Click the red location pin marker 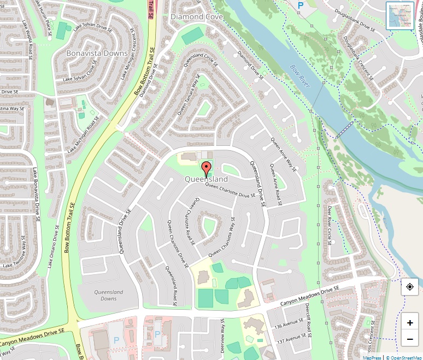click(x=206, y=169)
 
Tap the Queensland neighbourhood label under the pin click(x=206, y=179)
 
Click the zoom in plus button click(x=410, y=323)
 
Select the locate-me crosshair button click(x=410, y=286)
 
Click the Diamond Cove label click(x=196, y=17)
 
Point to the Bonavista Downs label click(x=97, y=54)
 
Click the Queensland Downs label click(x=109, y=296)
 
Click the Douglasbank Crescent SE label click(x=359, y=58)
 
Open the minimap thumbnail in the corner click(x=399, y=15)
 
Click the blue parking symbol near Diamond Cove click(x=300, y=5)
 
